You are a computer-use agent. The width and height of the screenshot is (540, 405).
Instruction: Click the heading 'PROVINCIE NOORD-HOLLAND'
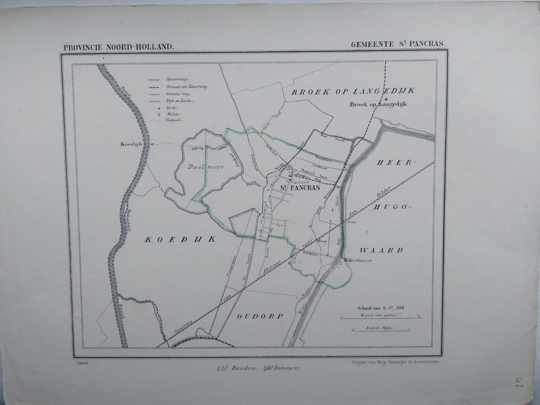coord(118,47)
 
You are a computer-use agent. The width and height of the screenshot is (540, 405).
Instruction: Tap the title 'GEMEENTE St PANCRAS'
coord(398,45)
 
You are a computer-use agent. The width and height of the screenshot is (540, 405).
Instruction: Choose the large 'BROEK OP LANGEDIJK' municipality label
coord(353,91)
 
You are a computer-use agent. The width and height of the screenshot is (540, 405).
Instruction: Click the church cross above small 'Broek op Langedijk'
coord(386,99)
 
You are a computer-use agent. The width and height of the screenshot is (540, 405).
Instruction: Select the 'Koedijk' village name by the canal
coord(131,143)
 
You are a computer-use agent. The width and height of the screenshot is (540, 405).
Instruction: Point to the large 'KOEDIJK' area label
coord(181,239)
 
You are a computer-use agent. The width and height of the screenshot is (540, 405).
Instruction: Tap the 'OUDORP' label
coord(259,316)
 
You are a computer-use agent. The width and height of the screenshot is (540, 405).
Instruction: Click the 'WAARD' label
coord(382,250)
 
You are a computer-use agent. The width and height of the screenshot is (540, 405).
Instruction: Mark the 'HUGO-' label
coord(391,207)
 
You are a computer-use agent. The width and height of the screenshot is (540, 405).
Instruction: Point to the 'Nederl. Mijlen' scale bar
coord(380,329)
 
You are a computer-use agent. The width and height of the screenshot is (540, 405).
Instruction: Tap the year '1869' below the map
coord(82,363)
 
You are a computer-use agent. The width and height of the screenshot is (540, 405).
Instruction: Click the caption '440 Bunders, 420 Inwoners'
coord(257,368)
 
